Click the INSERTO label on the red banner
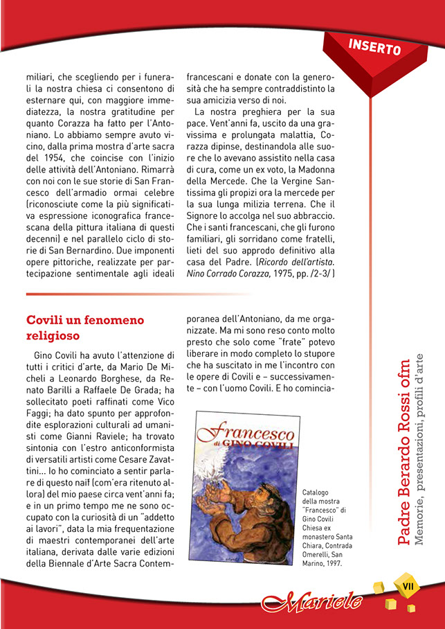(x=374, y=46)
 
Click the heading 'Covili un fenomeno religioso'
(x=85, y=328)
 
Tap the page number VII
(x=408, y=585)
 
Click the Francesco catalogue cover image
(x=244, y=487)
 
